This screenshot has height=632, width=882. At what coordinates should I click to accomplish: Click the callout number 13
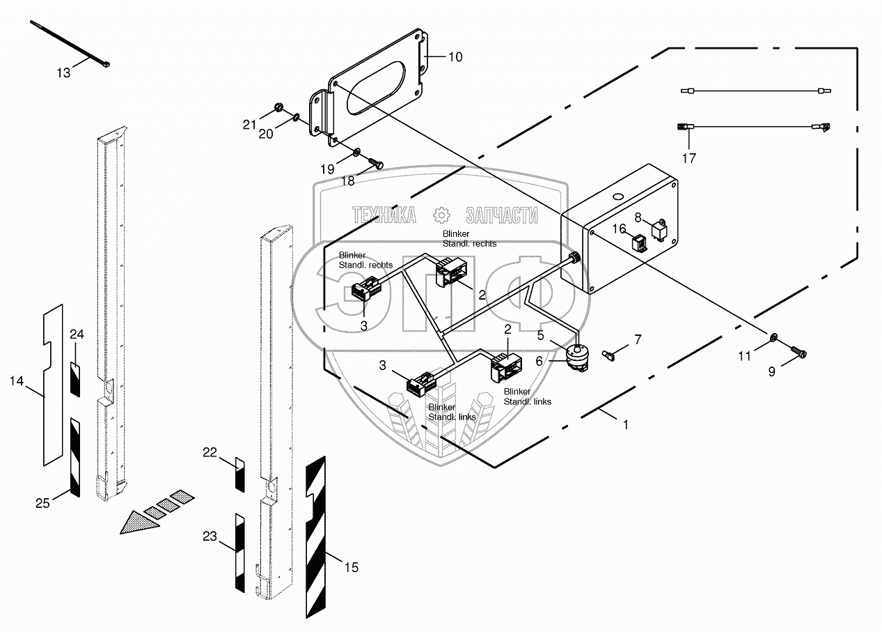point(63,72)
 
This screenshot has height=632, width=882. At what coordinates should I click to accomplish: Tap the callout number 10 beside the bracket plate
point(455,57)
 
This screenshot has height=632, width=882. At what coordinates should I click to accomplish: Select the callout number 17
point(688,158)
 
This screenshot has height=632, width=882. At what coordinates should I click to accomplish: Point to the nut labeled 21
point(276,108)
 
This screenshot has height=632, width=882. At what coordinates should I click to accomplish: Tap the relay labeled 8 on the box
point(659,228)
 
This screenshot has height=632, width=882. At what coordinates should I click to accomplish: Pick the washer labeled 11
point(773,339)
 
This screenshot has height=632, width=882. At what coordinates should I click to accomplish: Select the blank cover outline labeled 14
point(52,387)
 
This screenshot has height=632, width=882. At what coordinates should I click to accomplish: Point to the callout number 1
point(625,423)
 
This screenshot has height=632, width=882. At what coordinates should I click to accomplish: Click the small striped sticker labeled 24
point(76,378)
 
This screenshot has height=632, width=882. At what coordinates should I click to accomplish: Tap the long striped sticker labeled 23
point(239,552)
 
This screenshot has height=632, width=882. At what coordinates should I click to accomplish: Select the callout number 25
point(43,502)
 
